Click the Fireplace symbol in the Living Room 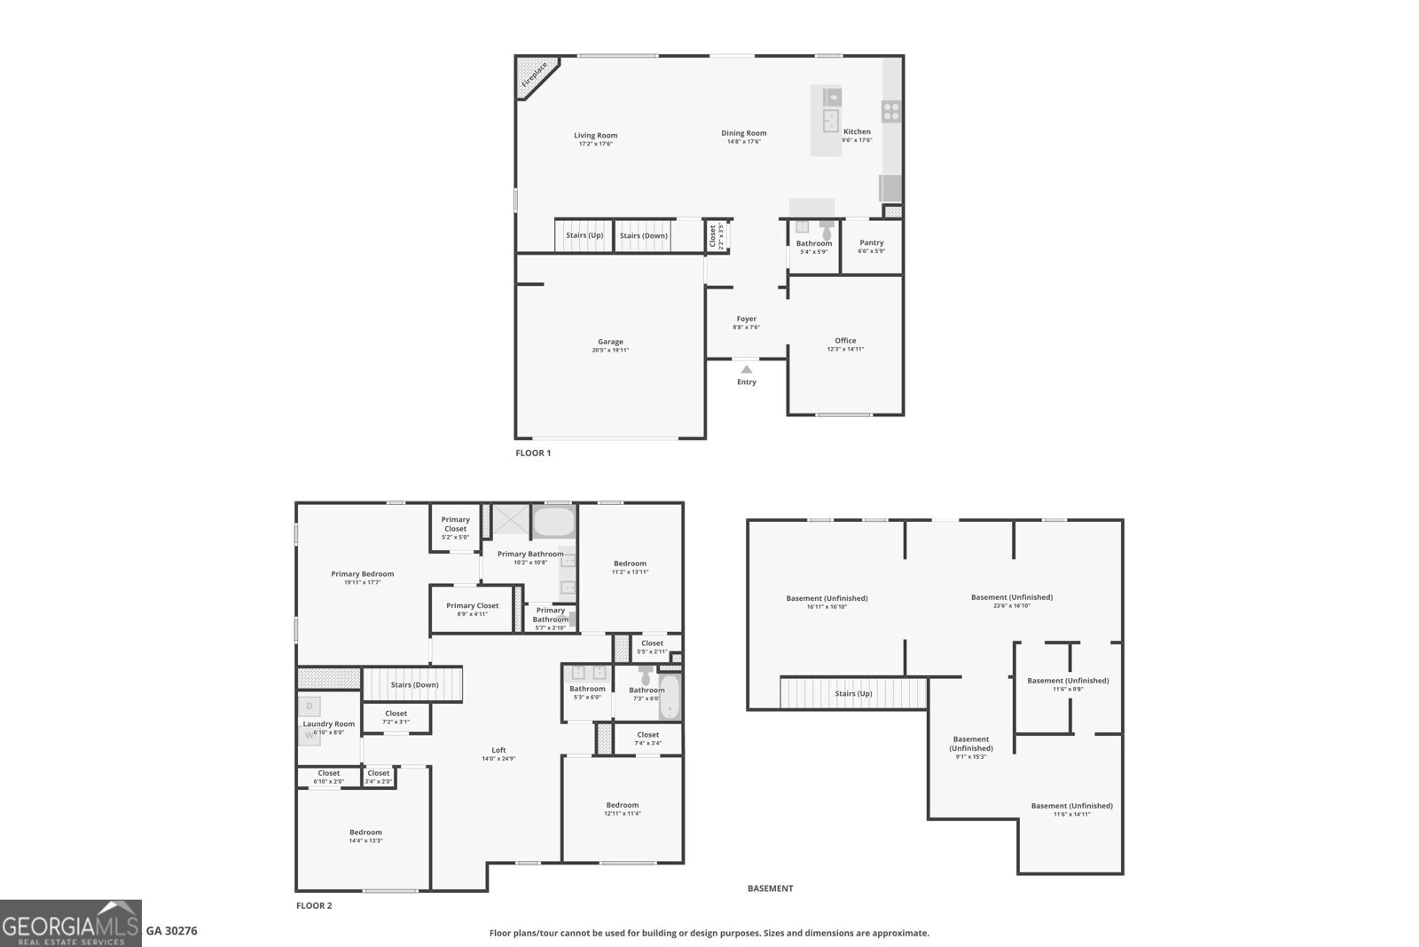pos(535,75)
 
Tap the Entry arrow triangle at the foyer pos(747,369)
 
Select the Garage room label pos(610,342)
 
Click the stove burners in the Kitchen pos(891,112)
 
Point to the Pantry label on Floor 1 pos(871,242)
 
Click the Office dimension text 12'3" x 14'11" pos(845,350)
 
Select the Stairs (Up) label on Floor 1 pos(584,236)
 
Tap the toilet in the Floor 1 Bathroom pos(827,228)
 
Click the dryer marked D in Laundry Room pos(310,706)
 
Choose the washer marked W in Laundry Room pos(310,735)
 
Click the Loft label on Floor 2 pos(498,750)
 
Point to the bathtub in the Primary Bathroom pos(553,522)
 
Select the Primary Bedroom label pos(362,574)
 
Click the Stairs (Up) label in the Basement pos(853,693)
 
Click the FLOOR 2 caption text pos(314,906)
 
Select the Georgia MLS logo pos(70,923)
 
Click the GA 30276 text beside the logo pos(171,931)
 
